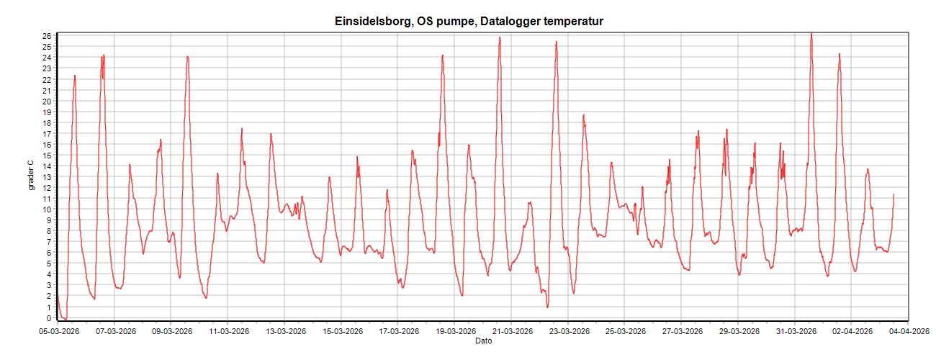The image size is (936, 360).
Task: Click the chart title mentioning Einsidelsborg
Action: click(469, 22)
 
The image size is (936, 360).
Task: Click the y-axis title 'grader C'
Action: click(32, 176)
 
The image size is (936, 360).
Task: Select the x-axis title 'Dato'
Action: click(484, 341)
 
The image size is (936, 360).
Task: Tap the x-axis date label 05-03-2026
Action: click(58, 332)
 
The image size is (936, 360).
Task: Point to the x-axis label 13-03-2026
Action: click(284, 332)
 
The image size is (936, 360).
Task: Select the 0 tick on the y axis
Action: click(48, 318)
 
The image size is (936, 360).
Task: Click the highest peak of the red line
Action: click(811, 33)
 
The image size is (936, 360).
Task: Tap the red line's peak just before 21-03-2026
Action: click(499, 37)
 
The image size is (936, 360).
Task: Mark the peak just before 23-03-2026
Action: click(557, 42)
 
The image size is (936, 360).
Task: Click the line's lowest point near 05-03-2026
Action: click(65, 318)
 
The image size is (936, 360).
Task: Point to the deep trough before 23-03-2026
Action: click(547, 307)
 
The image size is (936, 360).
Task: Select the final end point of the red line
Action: click(894, 194)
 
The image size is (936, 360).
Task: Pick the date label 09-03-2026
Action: click(171, 332)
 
